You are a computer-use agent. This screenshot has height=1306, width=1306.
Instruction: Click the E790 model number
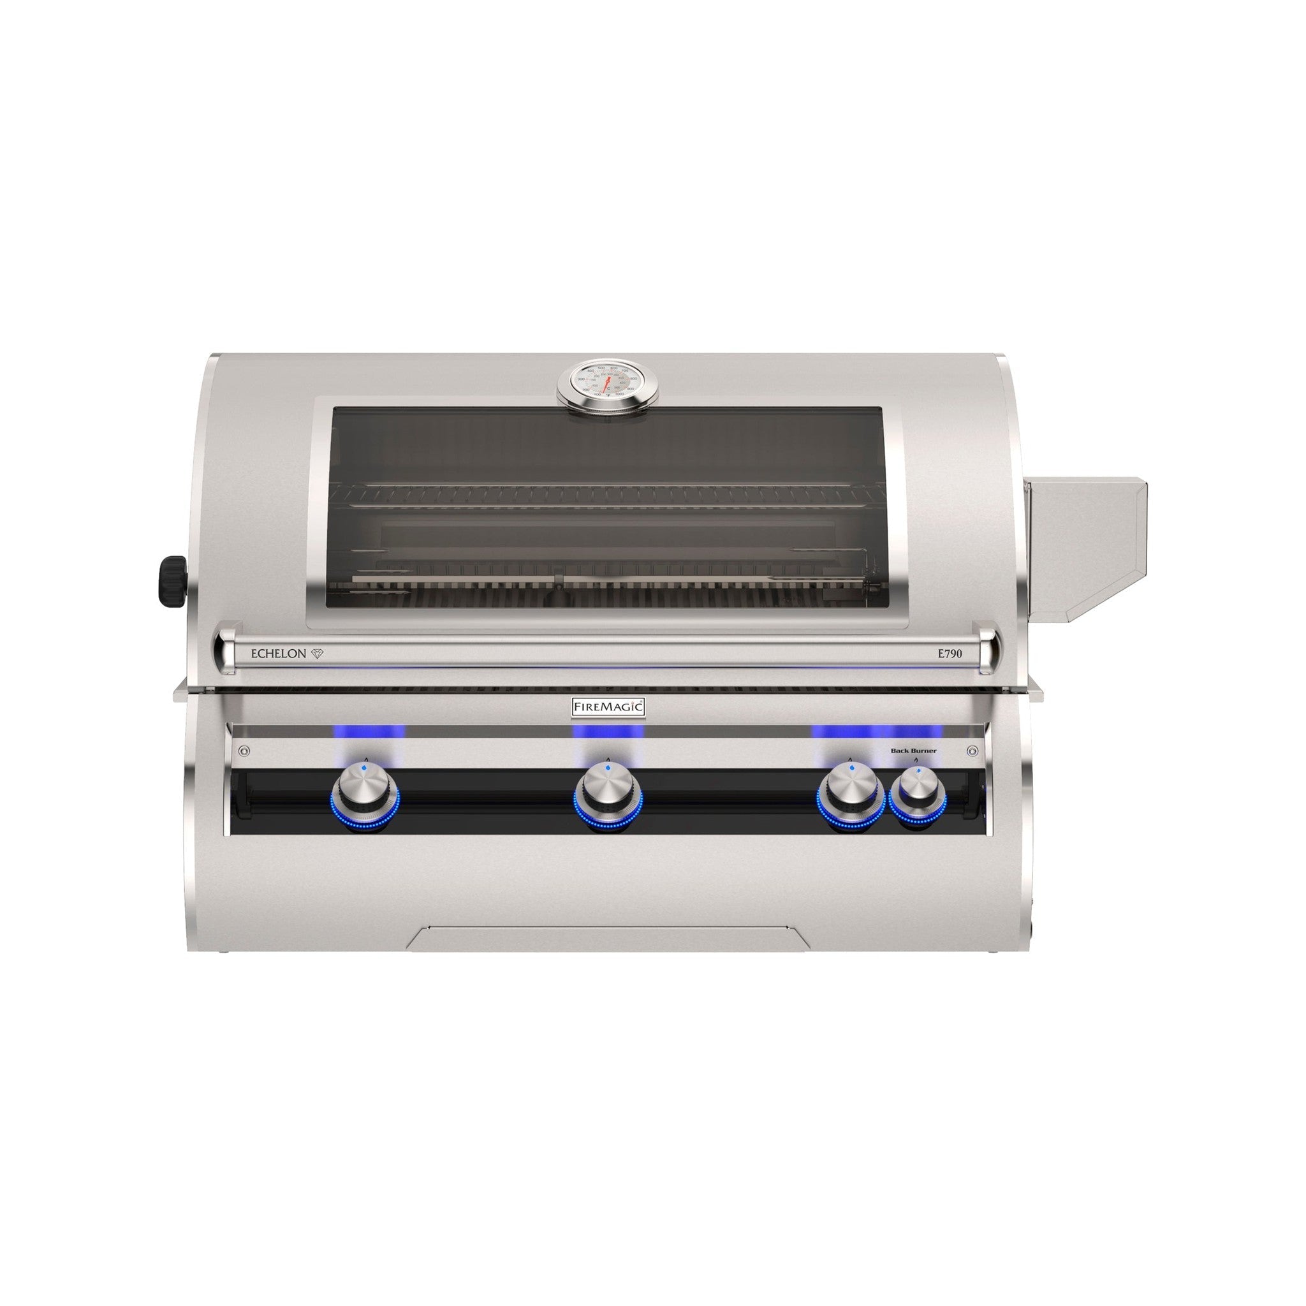[x=947, y=654]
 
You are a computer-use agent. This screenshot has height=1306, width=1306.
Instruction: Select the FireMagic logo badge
[x=608, y=707]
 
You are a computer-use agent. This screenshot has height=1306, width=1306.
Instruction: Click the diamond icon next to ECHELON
[x=318, y=654]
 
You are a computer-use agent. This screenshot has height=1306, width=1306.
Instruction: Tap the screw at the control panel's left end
[x=246, y=750]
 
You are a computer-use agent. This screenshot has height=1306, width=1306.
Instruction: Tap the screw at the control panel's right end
[x=972, y=750]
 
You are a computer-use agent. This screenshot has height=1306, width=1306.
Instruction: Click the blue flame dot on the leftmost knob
[x=364, y=769]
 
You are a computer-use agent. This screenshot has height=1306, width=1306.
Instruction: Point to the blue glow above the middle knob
[x=608, y=732]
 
